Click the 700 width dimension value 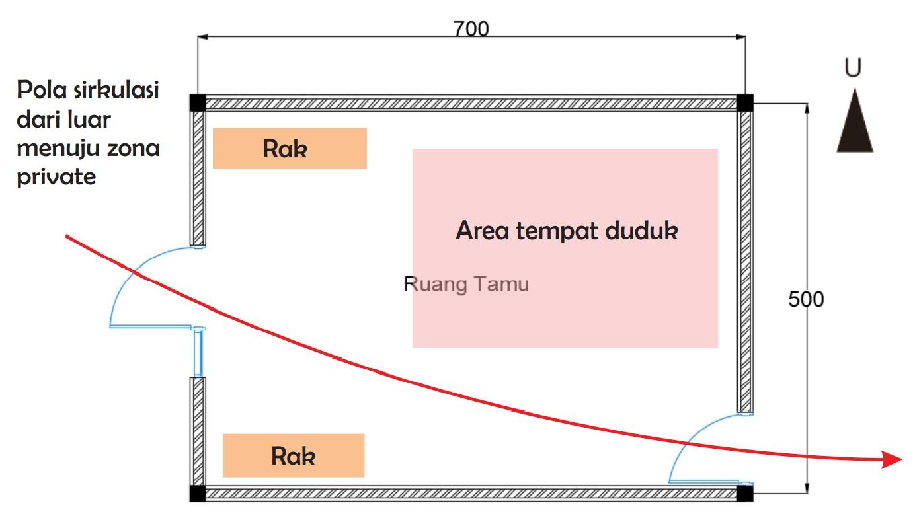[471, 29]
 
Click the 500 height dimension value [806, 299]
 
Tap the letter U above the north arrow [853, 69]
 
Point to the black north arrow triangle [854, 126]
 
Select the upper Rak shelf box [290, 149]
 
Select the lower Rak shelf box [294, 455]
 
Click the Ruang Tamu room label [466, 284]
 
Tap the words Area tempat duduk [567, 231]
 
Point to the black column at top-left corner [198, 103]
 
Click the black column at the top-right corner [745, 103]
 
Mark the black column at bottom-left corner [198, 493]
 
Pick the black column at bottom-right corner [745, 493]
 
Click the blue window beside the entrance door [198, 353]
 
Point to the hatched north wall [471, 104]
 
